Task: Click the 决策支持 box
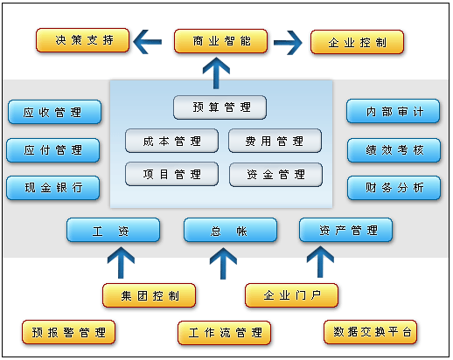pos(82,40)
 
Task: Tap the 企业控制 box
pos(357,41)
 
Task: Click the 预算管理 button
pos(220,107)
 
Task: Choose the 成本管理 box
pos(171,141)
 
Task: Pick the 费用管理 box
pos(275,141)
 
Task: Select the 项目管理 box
pos(171,174)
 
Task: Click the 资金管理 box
pos(275,174)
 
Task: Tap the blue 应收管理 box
pos(54,112)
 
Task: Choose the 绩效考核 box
pos(394,150)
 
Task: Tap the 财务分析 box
pos(394,188)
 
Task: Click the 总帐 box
pos(230,231)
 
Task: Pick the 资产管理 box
pos(345,231)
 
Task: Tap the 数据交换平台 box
pos(370,332)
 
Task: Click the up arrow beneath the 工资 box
pos(120,260)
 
